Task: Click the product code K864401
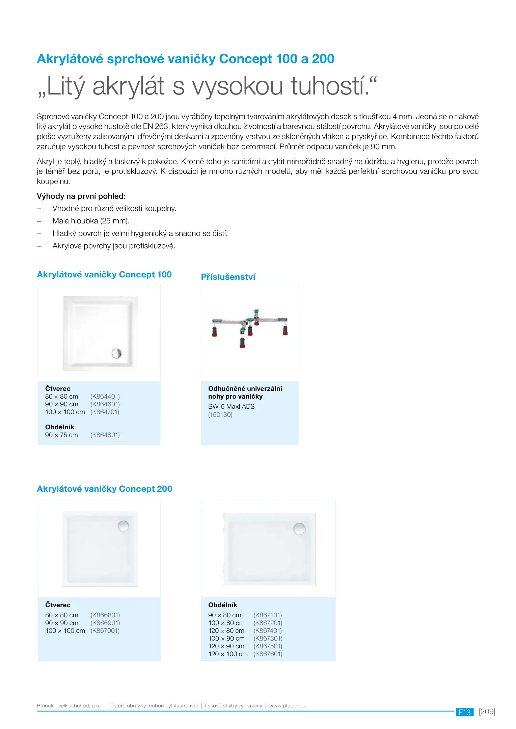pos(105,396)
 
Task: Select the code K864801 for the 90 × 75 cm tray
pos(105,435)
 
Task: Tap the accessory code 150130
pos(220,414)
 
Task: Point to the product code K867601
pos(268,654)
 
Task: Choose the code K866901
pos(105,623)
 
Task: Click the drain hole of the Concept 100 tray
pos(116,353)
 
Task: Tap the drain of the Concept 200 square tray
pos(123,526)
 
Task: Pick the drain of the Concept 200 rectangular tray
pos(299,529)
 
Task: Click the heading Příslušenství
pos(228,277)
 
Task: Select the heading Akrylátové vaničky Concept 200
pos(104,489)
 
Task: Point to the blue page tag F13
pos(464,712)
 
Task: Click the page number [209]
pos(487,711)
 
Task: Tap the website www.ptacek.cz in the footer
pos(287,705)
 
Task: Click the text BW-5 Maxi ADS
pos(231,406)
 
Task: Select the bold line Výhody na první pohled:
pos(81,196)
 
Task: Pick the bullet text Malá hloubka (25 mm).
pos(91,221)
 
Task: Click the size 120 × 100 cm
pos(228,654)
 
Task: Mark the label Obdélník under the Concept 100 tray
pos(59,427)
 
